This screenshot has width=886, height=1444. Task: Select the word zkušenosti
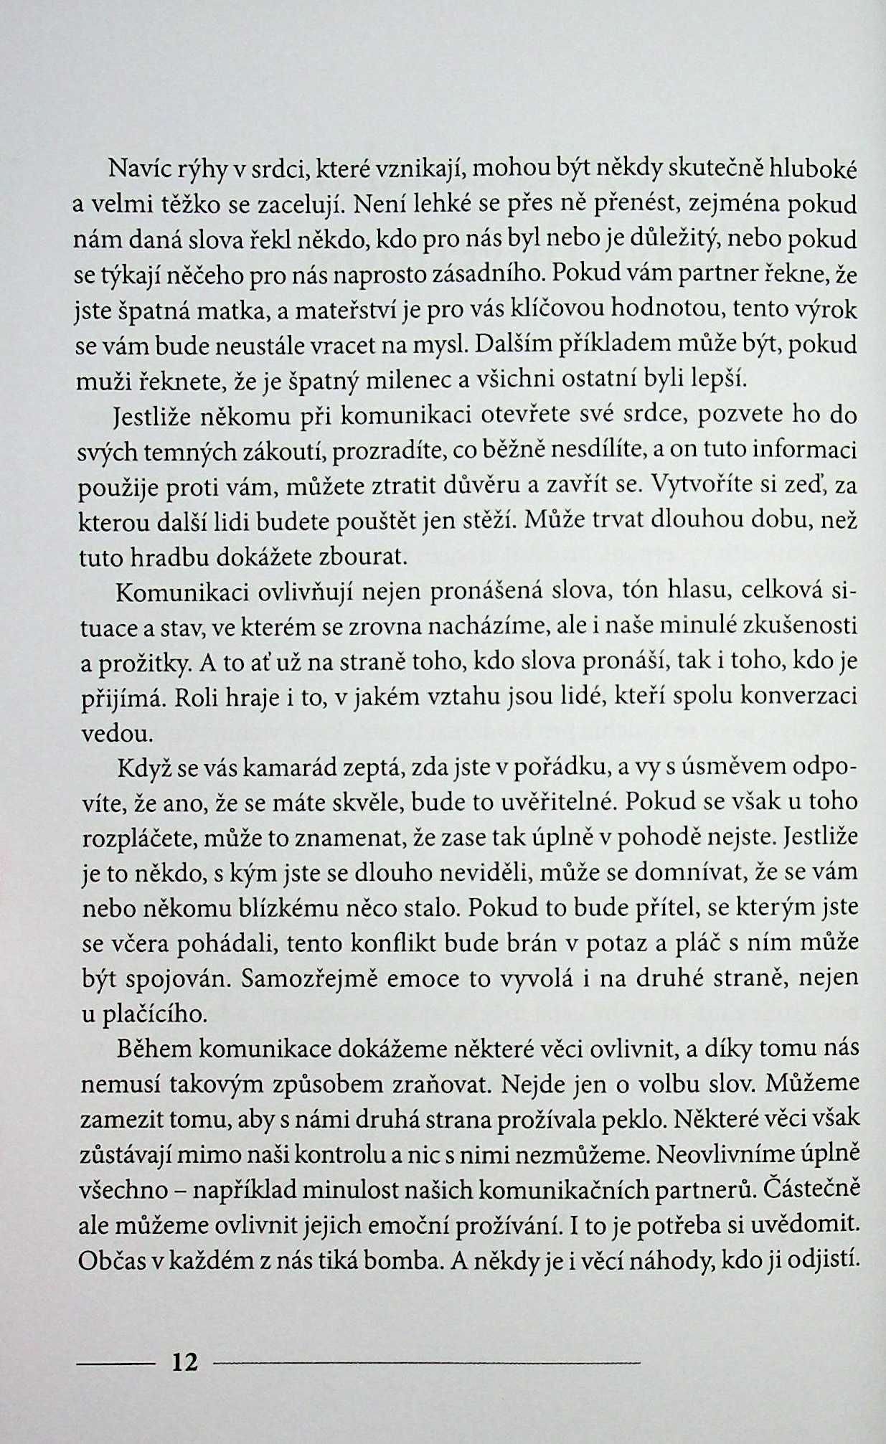tap(806, 626)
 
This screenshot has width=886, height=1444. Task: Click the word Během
tap(154, 1049)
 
